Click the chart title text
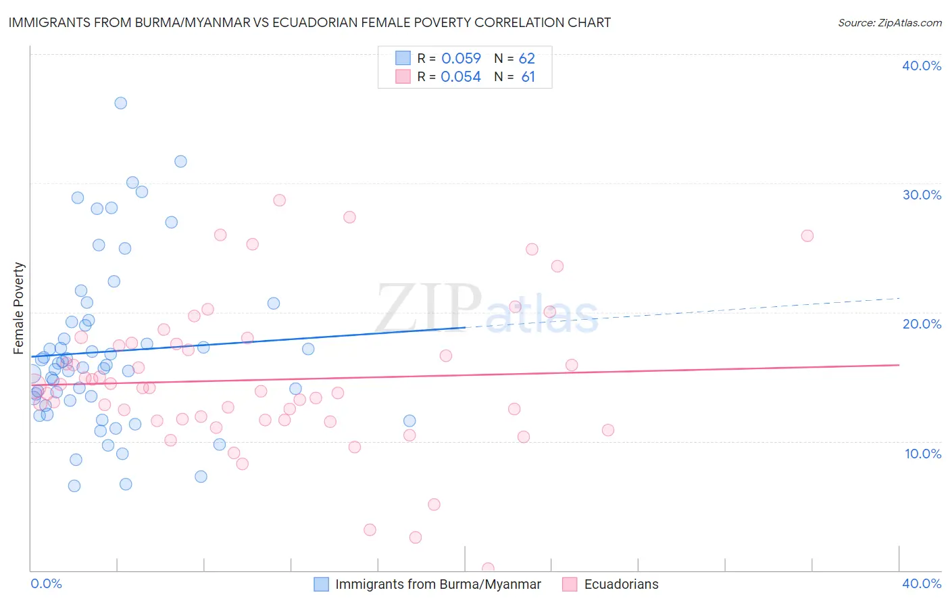coord(309,23)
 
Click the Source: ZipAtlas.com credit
coord(889,23)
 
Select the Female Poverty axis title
coord(18,308)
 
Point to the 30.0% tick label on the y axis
coord(922,195)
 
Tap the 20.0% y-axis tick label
coord(922,324)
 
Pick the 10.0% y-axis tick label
coord(922,454)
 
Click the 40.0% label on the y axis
coord(922,66)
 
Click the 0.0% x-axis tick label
coord(46,583)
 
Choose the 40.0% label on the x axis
coord(922,583)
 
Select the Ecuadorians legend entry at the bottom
coord(621,584)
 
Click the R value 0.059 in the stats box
coord(461,59)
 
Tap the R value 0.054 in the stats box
coord(461,77)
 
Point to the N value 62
coord(527,59)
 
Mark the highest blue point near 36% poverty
coord(120,103)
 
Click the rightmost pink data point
coord(807,236)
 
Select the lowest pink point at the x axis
coord(488,569)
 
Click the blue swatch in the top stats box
coord(403,58)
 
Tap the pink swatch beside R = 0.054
coord(403,76)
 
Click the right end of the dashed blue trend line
coord(899,298)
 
